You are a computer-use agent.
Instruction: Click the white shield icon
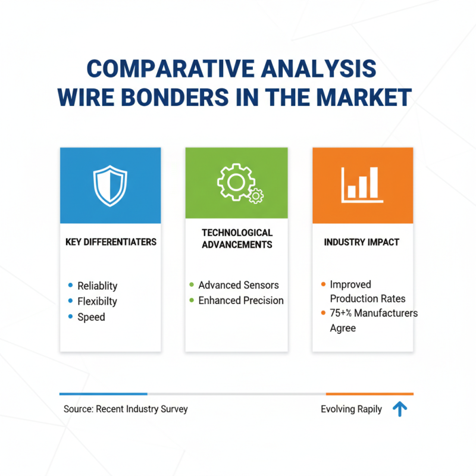110,185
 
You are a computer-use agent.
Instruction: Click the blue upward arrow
400,409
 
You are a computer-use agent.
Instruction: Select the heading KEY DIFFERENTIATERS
111,242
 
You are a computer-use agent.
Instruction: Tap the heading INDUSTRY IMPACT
362,242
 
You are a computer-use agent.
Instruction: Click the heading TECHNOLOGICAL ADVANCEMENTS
237,238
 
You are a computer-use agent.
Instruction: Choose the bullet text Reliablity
97,286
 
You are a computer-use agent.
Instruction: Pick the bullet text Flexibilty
97,301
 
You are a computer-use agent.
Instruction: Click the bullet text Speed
91,317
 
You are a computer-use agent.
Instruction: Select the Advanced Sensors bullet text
239,285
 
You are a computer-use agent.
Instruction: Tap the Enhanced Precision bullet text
241,300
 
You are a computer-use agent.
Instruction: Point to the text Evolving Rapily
351,409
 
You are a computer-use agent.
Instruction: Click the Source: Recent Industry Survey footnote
126,409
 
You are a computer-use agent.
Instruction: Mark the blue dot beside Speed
71,317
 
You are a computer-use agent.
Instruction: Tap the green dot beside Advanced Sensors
191,285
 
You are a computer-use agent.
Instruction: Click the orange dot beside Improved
322,284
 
